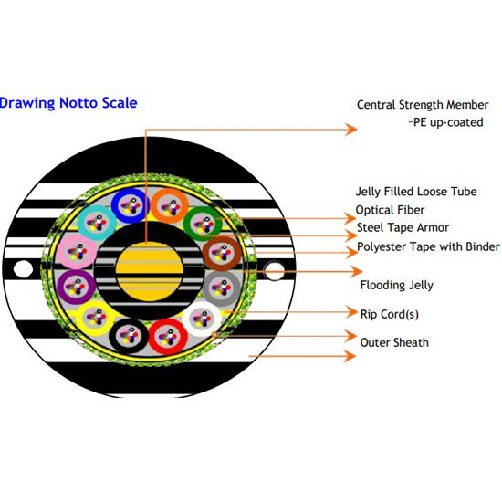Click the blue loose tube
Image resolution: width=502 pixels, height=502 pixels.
pyautogui.click(x=131, y=205)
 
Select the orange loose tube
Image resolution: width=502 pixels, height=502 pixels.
pyautogui.click(x=170, y=205)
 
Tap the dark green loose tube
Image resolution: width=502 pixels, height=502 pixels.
pyautogui.click(x=204, y=224)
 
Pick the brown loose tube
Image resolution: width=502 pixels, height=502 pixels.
pyautogui.click(x=222, y=253)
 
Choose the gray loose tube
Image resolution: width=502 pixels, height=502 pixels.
pyautogui.click(x=222, y=288)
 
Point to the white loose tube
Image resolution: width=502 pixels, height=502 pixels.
pyautogui.click(x=202, y=319)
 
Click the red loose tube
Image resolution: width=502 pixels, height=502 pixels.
pyautogui.click(x=168, y=337)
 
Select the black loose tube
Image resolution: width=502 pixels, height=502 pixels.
pyautogui.click(x=129, y=336)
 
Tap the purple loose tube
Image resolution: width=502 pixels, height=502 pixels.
pyautogui.click(x=77, y=287)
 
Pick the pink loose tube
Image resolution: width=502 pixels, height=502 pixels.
pyautogui.click(x=78, y=251)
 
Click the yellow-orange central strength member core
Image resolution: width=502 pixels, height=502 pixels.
pyautogui.click(x=149, y=271)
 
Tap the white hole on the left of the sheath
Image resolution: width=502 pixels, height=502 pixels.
pyautogui.click(x=23, y=269)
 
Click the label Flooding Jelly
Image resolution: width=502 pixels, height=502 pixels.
pyautogui.click(x=397, y=285)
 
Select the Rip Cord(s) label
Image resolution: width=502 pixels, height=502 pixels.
pyautogui.click(x=390, y=314)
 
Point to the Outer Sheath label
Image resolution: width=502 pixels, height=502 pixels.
pyautogui.click(x=394, y=342)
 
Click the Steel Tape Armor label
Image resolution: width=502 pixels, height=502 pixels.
pyautogui.click(x=403, y=227)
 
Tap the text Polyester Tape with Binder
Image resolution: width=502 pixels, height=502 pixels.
pyautogui.click(x=428, y=246)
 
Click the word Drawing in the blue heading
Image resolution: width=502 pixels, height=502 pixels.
pyautogui.click(x=26, y=103)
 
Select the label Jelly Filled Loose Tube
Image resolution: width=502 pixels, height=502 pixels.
pyautogui.click(x=416, y=192)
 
